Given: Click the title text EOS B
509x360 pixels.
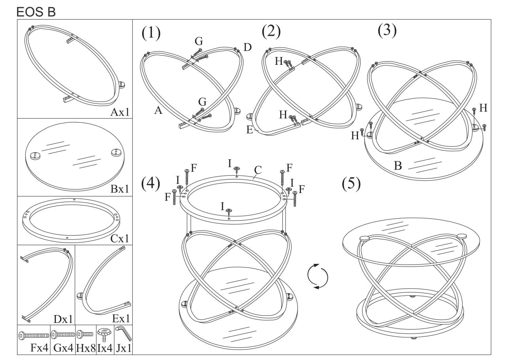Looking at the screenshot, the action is coord(36,12).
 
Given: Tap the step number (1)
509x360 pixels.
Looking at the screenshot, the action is coord(151,33).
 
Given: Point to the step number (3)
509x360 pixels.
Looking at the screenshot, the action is coord(387,30).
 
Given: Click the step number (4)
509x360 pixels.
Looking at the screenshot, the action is coord(151,183).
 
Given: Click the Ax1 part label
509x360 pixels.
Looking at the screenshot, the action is coord(120,112).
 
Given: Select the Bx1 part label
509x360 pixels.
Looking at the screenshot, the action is coord(120,189).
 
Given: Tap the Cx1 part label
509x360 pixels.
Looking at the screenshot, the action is coord(120,238).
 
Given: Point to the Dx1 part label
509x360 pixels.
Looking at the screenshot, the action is coord(63,319).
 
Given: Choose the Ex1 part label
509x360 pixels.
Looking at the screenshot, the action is coord(121,319).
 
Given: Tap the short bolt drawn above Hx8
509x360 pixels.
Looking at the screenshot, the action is coord(85,334).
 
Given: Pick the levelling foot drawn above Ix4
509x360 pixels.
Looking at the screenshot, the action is coord(105,335).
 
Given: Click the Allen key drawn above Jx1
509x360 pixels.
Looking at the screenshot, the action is coord(123,333).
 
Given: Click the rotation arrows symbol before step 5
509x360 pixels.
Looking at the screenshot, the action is coord(318,276).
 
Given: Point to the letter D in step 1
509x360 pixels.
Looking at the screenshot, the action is coord(247,47).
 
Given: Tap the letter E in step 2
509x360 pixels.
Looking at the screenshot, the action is coord(250,130).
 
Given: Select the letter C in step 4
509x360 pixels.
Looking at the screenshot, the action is coord(258,170).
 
